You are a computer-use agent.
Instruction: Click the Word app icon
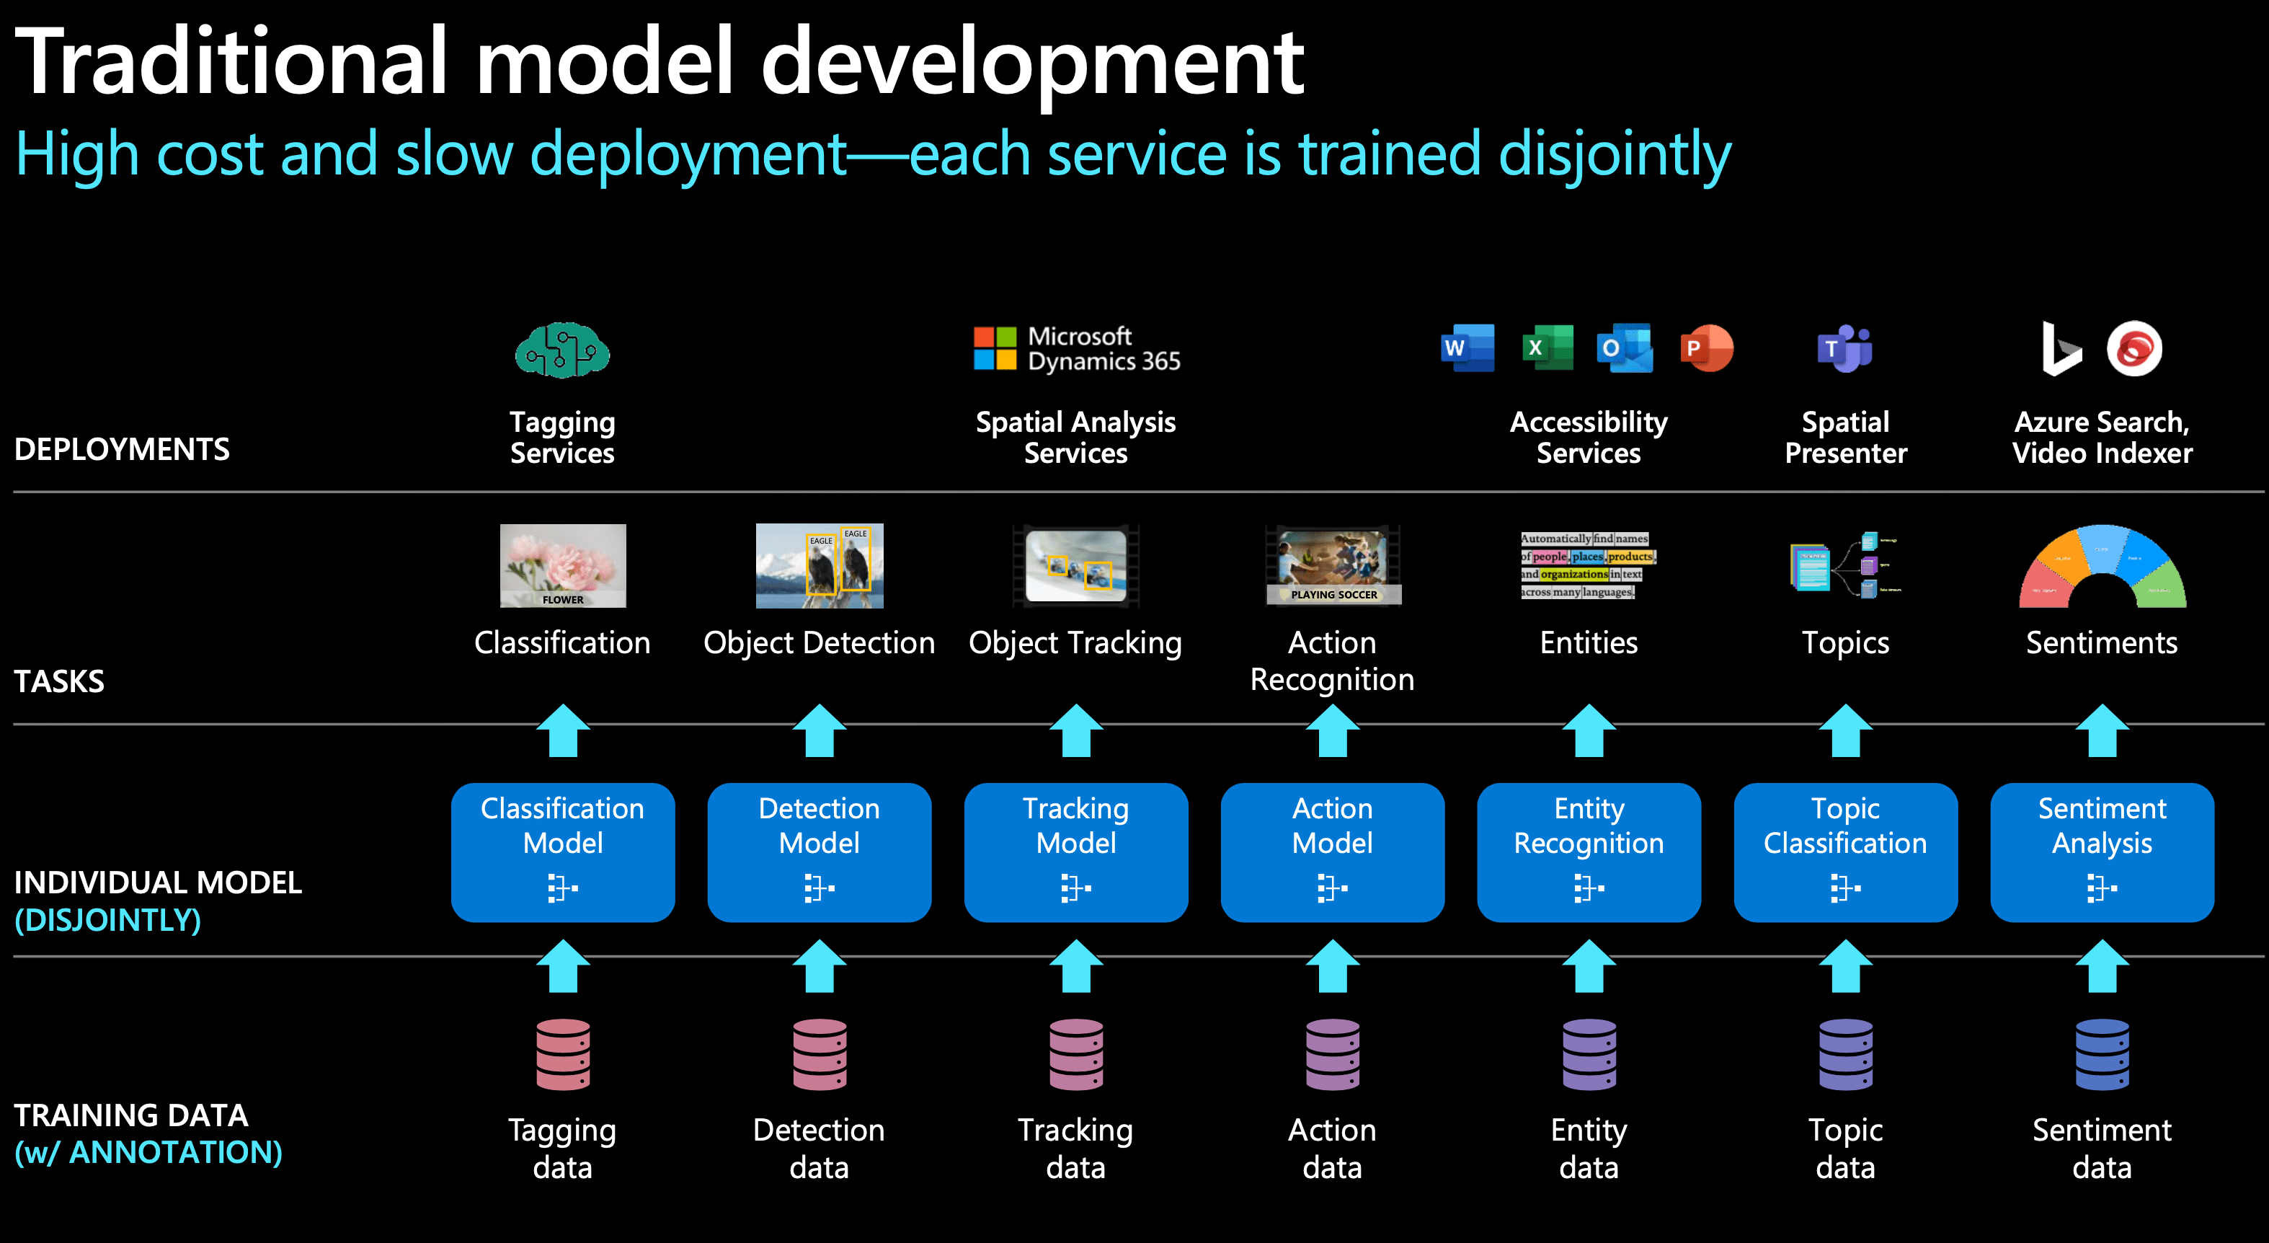point(1467,348)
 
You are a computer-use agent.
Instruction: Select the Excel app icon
point(1548,348)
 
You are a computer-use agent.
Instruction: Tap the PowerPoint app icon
point(1706,348)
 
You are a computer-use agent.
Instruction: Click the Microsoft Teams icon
point(1844,349)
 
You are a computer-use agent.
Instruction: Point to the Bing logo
point(2060,349)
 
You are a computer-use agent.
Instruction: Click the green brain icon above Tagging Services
point(562,350)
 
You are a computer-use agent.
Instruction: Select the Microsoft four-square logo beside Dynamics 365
point(995,349)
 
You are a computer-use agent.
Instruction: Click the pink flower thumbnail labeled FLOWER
point(563,565)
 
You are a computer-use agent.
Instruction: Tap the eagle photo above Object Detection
point(820,565)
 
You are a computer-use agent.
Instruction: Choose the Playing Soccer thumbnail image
point(1333,565)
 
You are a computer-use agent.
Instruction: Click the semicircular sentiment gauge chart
point(2102,568)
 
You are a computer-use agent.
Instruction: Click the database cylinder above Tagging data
point(563,1055)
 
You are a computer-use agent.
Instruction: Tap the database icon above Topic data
point(1845,1055)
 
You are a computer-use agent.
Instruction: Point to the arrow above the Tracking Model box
point(1075,730)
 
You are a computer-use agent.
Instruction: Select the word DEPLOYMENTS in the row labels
point(123,449)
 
